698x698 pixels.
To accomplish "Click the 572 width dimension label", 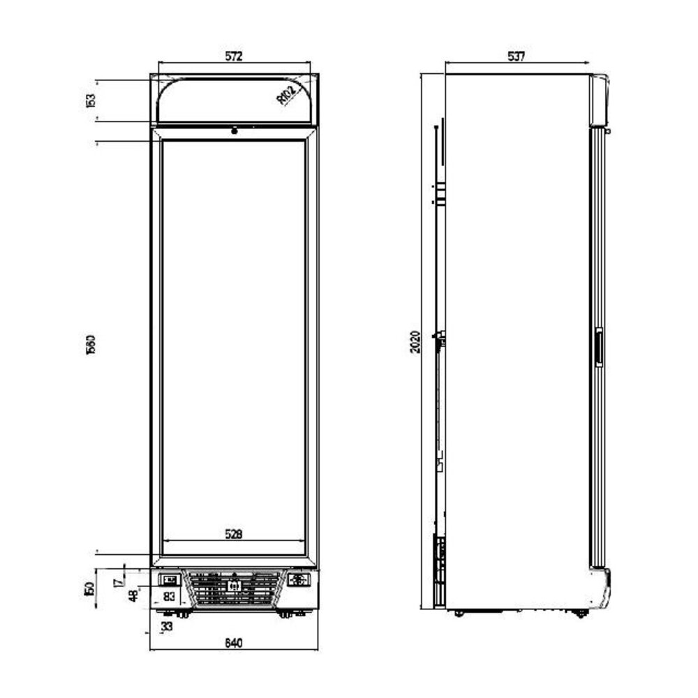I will [x=233, y=57].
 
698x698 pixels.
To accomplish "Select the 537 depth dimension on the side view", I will [x=516, y=57].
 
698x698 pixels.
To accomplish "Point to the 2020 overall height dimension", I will [x=415, y=341].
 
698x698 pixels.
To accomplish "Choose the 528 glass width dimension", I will [x=233, y=535].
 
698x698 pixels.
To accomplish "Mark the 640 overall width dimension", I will [x=233, y=643].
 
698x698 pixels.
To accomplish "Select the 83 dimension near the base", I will [x=170, y=596].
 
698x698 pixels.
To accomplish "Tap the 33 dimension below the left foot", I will [x=167, y=627].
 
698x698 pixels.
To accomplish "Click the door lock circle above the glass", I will [x=234, y=130].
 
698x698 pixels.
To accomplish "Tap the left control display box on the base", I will [x=170, y=579].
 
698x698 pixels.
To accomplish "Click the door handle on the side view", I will [x=597, y=347].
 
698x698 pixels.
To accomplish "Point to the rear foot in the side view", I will [x=459, y=613].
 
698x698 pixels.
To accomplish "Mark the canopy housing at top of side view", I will [x=599, y=100].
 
